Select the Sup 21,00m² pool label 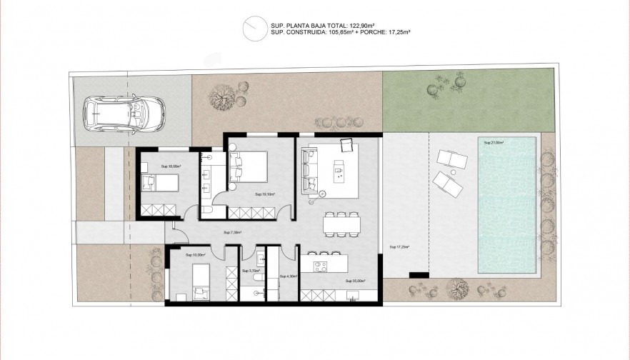pyautogui.click(x=494, y=143)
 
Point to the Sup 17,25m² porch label pyautogui.click(x=399, y=247)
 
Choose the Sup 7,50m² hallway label pyautogui.click(x=233, y=232)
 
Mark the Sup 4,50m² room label pyautogui.click(x=288, y=276)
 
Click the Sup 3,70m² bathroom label pyautogui.click(x=249, y=271)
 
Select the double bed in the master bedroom pyautogui.click(x=251, y=169)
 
